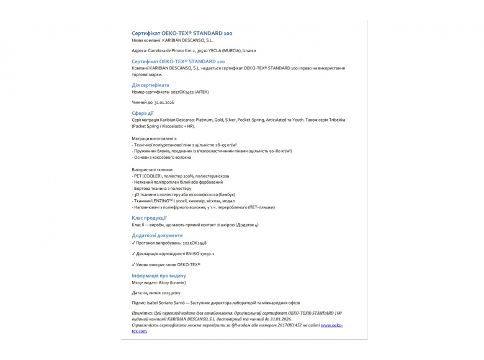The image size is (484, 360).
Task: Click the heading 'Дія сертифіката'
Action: (150, 85)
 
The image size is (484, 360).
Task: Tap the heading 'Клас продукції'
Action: (149, 218)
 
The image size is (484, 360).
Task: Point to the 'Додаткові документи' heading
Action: (157, 236)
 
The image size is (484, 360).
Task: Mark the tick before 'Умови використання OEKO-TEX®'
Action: (134, 264)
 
